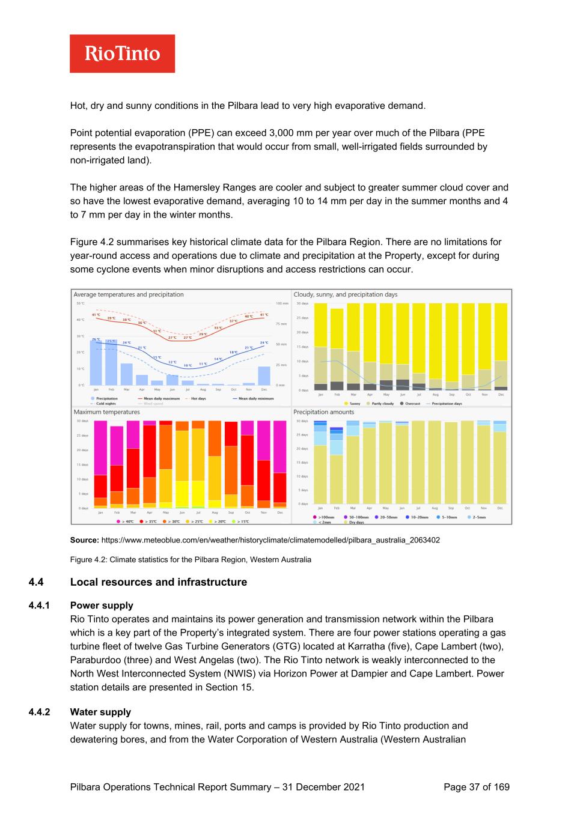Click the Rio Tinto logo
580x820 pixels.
[x=122, y=53]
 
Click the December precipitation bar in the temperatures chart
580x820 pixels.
[x=264, y=375]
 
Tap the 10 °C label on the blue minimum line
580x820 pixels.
[x=188, y=365]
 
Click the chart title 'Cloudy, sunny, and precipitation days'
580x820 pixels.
[x=345, y=294]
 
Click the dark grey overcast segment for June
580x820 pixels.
[x=403, y=384]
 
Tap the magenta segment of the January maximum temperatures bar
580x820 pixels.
[x=100, y=448]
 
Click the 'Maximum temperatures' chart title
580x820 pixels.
[x=106, y=412]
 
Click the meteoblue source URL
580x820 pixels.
[x=270, y=540]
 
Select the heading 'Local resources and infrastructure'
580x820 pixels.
[x=159, y=582]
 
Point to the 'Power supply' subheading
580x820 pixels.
[x=102, y=606]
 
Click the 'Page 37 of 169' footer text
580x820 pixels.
[x=476, y=787]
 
